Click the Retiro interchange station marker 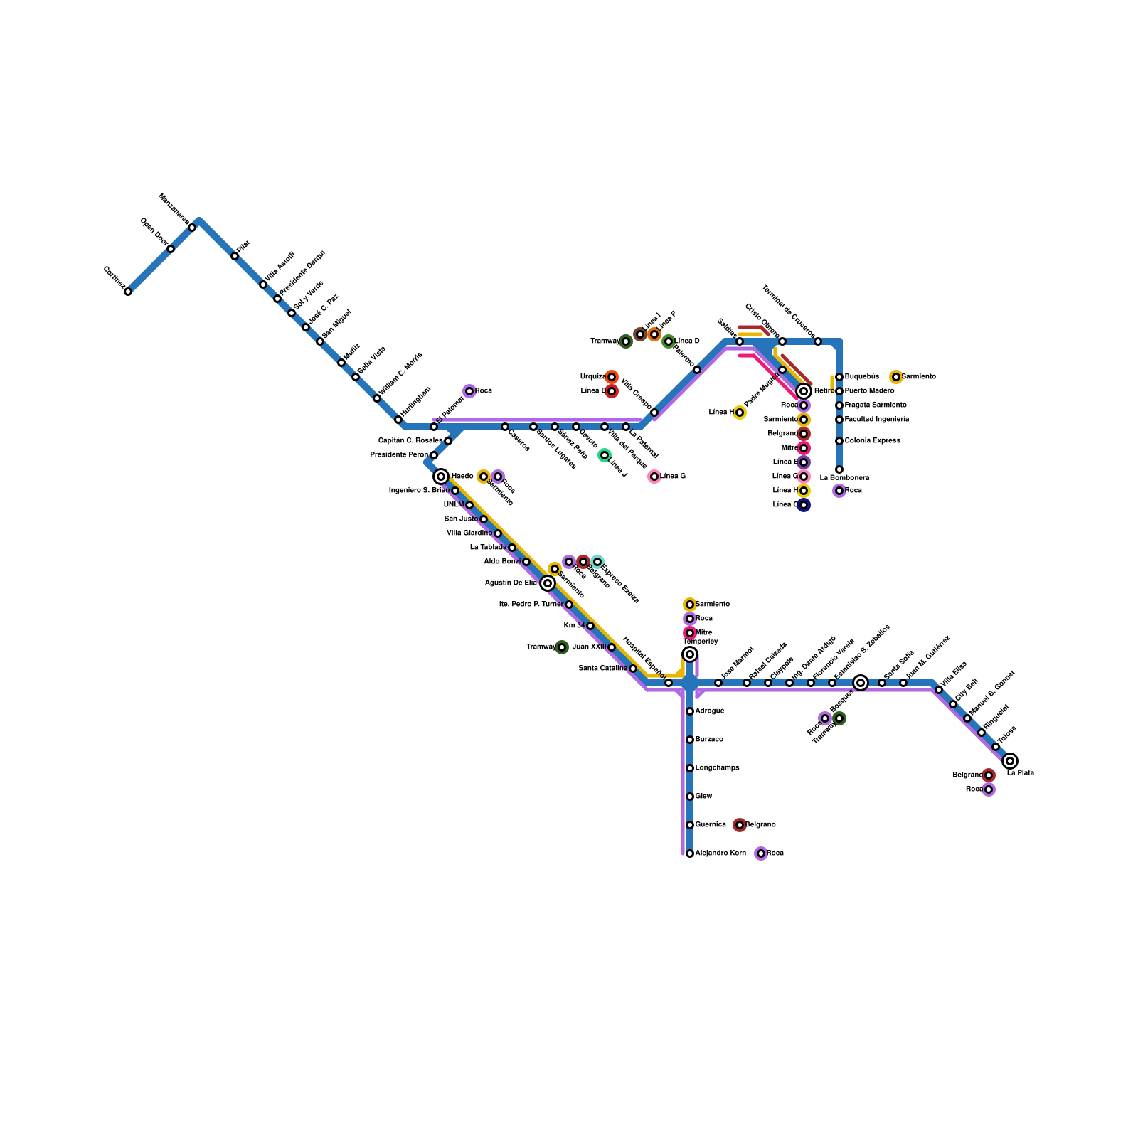[804, 391]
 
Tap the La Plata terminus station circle [1010, 761]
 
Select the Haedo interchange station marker [441, 477]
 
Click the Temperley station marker [690, 654]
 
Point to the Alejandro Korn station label [720, 853]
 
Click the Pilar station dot [235, 256]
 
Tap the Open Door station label [154, 231]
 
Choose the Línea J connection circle [605, 455]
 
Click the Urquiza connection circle [612, 377]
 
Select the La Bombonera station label [844, 478]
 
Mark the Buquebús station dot [839, 377]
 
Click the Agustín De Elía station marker [548, 583]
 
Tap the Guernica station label [711, 825]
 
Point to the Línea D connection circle [669, 341]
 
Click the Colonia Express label [872, 441]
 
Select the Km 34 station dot [590, 626]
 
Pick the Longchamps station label [717, 768]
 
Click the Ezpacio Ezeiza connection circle [597, 562]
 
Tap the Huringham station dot [398, 420]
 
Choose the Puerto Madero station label [869, 391]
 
